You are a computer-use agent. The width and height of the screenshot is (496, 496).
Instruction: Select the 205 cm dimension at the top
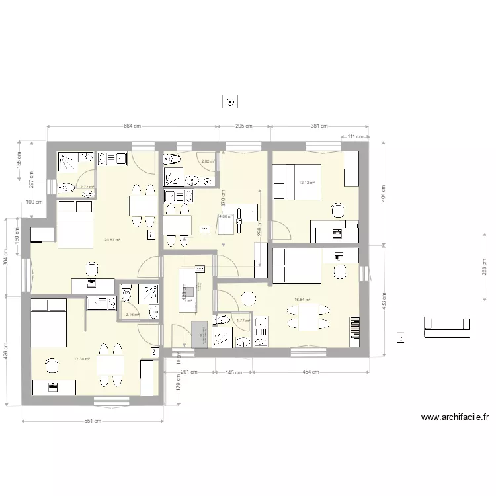[244, 126]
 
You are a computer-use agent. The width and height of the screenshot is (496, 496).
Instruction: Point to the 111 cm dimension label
[356, 136]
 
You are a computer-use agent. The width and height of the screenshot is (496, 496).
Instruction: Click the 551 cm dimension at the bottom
[93, 420]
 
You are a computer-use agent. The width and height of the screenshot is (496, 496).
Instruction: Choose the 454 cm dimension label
[310, 372]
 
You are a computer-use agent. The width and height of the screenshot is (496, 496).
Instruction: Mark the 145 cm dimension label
[233, 372]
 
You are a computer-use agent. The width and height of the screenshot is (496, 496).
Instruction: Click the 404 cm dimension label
[384, 192]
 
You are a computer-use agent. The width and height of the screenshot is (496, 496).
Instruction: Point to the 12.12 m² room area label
[306, 183]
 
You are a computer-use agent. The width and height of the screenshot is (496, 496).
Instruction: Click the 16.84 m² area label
[302, 300]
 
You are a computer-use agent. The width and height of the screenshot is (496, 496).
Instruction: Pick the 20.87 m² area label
[112, 240]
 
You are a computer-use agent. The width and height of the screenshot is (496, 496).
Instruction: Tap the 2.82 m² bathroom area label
[208, 161]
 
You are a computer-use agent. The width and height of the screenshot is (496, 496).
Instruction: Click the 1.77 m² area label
[243, 321]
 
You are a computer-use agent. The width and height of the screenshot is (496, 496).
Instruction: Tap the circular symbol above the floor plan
[229, 102]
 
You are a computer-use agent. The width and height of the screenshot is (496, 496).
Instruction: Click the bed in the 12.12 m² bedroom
[296, 181]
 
